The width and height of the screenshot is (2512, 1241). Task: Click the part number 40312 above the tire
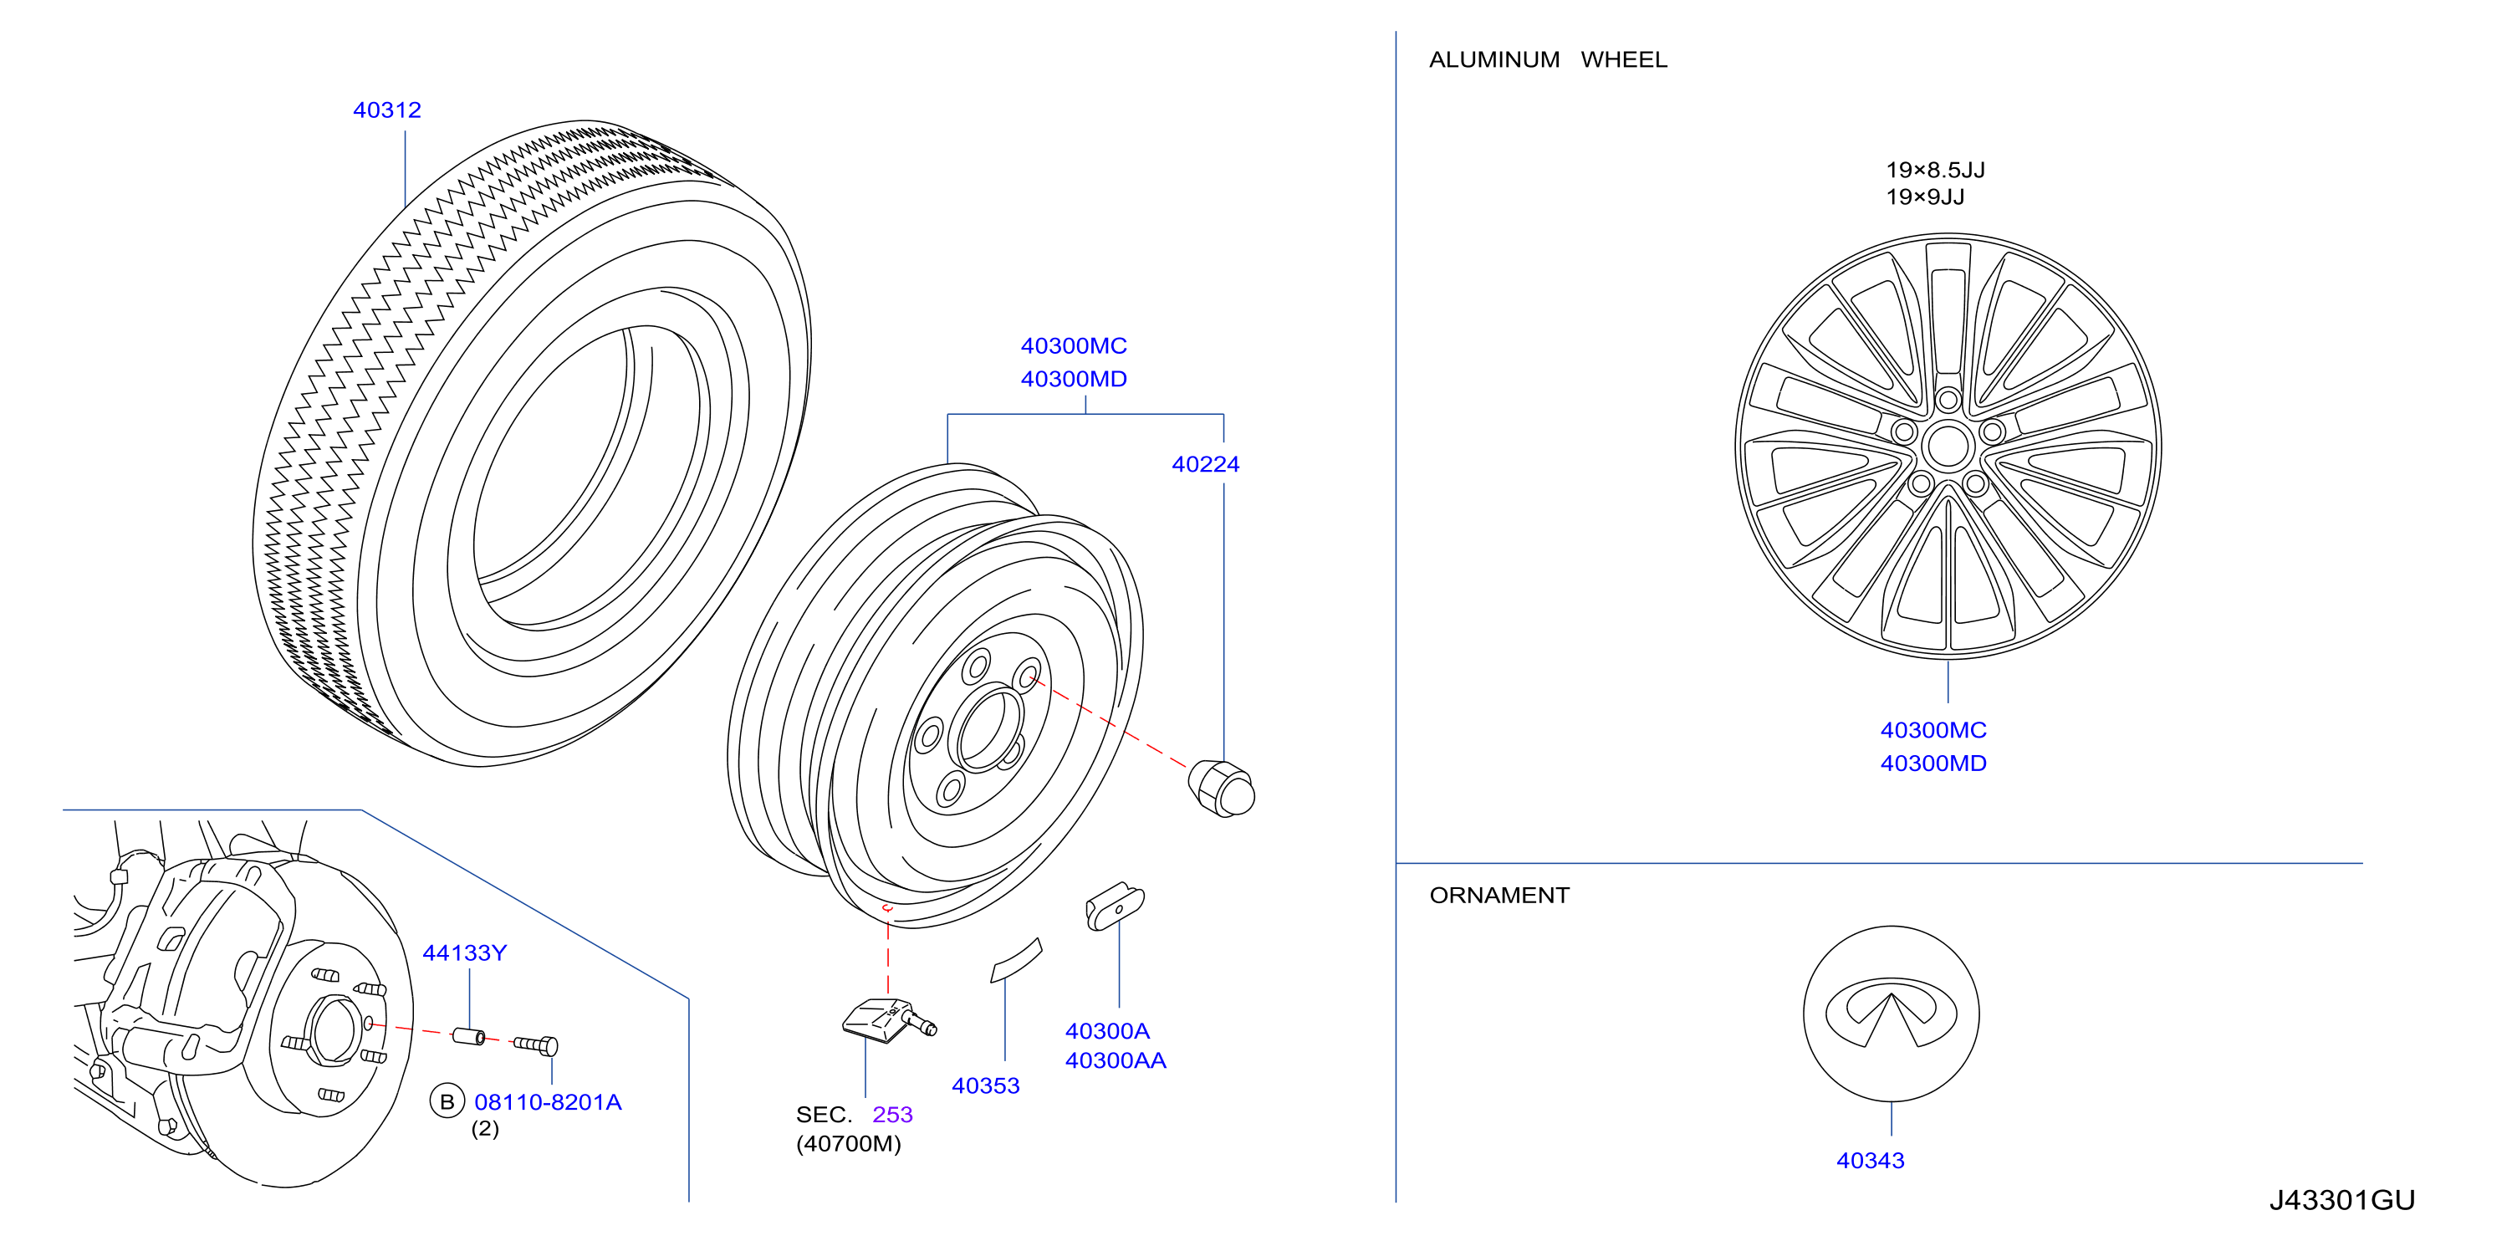[387, 110]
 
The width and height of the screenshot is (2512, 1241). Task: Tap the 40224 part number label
[1205, 464]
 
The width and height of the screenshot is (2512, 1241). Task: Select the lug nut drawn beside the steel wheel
[1221, 788]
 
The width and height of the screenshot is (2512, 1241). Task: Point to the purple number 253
[892, 1114]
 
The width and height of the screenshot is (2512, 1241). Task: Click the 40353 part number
[985, 1085]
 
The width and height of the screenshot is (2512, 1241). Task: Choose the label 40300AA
[1116, 1060]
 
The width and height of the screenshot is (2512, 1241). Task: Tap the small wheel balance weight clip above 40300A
[1115, 906]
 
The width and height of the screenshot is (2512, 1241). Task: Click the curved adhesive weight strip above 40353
[1016, 960]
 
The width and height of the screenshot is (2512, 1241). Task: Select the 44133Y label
[464, 952]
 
